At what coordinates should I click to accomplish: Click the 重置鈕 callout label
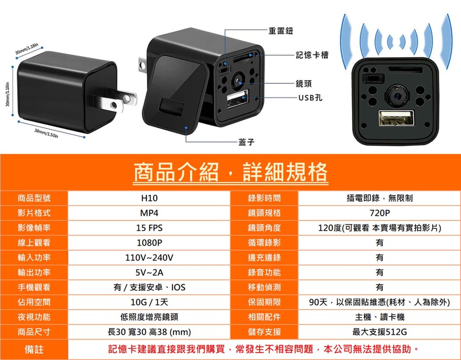pyautogui.click(x=280, y=30)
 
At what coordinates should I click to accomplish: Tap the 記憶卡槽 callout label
pyautogui.click(x=312, y=55)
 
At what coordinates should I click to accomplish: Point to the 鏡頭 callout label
pyautogui.click(x=304, y=84)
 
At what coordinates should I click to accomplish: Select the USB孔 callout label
pyautogui.click(x=310, y=98)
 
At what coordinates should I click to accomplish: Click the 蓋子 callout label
pyautogui.click(x=246, y=142)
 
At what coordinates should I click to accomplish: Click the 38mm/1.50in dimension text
pyautogui.click(x=46, y=133)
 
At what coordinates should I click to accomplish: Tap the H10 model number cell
pyautogui.click(x=149, y=198)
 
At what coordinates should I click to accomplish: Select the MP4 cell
pyautogui.click(x=149, y=213)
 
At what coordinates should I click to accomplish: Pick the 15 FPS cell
pyautogui.click(x=149, y=228)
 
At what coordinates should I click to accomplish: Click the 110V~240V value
pyautogui.click(x=149, y=258)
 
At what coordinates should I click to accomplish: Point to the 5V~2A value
pyautogui.click(x=149, y=273)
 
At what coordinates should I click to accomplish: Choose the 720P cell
pyautogui.click(x=379, y=213)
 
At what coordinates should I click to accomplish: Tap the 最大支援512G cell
pyautogui.click(x=379, y=332)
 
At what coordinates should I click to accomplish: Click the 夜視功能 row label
pyautogui.click(x=34, y=317)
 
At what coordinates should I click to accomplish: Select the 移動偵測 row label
pyautogui.click(x=264, y=288)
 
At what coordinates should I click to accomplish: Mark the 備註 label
pyautogui.click(x=34, y=349)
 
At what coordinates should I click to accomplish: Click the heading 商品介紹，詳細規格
pyautogui.click(x=230, y=172)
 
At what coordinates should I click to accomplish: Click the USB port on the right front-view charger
pyautogui.click(x=396, y=118)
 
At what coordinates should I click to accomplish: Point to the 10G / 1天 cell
pyautogui.click(x=149, y=302)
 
